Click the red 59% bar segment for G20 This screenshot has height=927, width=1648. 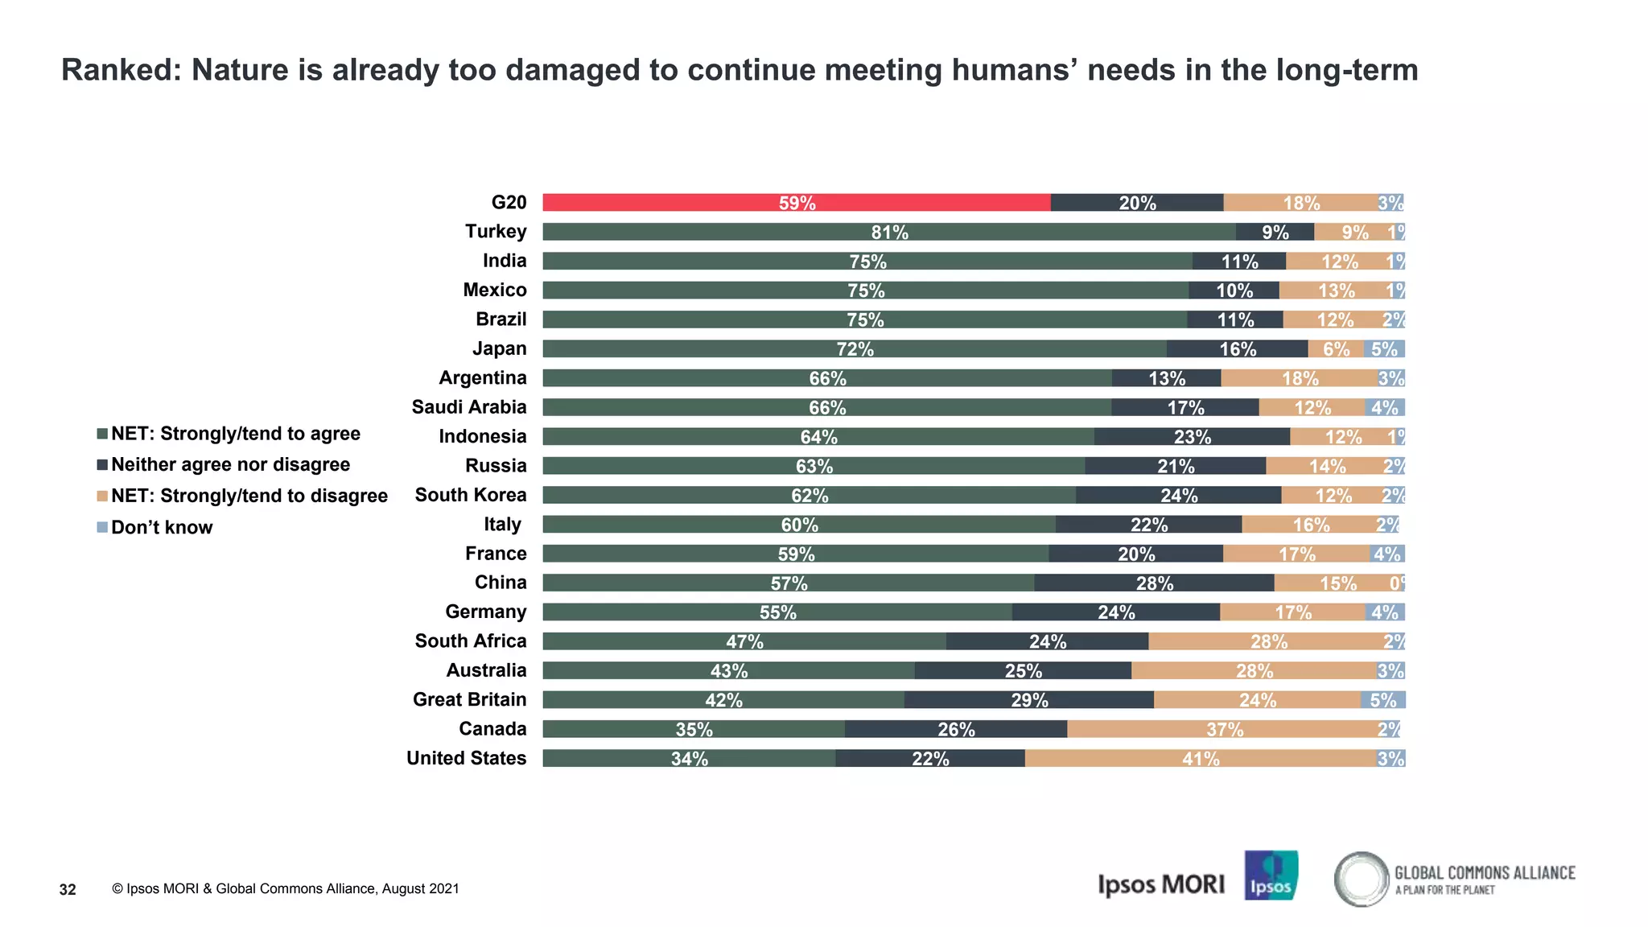(x=796, y=203)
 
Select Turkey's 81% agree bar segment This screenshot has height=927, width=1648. (x=888, y=232)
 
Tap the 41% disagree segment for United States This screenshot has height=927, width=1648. (x=1200, y=758)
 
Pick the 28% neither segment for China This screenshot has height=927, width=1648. (x=1154, y=583)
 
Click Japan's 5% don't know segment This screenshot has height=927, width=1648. (x=1384, y=348)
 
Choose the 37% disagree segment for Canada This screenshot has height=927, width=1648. (x=1224, y=729)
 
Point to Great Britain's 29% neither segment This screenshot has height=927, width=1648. (x=1028, y=700)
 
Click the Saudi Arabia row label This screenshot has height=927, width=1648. (x=469, y=407)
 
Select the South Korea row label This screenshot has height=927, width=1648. (x=471, y=495)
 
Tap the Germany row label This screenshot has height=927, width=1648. (x=485, y=612)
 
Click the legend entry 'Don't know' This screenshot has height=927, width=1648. (x=161, y=527)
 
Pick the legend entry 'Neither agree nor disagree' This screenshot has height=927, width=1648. (x=230, y=464)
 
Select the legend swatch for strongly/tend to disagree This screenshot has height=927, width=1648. (x=102, y=496)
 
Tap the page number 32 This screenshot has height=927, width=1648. (x=68, y=889)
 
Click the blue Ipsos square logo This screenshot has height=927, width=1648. (x=1271, y=875)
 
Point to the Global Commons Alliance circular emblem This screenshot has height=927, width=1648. (x=1361, y=879)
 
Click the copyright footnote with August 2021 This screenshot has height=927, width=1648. (x=286, y=888)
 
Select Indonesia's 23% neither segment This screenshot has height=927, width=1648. (x=1191, y=437)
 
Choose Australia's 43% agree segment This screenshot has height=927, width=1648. (x=728, y=670)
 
